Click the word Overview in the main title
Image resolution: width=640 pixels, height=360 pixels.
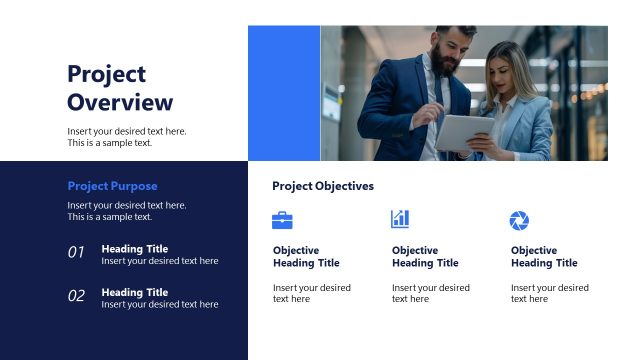pos(120,102)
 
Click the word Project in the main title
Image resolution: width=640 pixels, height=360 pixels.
pos(106,74)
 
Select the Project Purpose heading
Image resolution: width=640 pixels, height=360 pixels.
pos(112,186)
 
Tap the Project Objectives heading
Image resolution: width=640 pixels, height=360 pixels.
pos(323,186)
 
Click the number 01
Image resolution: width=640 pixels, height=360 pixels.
pos(76,253)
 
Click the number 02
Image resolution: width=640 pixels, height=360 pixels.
pos(76,296)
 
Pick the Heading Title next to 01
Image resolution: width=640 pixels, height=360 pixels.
pos(135,249)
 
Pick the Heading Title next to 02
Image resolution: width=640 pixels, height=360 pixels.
pos(135,292)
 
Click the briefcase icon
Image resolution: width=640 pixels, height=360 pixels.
pos(282,220)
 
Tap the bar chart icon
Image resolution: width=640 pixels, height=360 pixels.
pos(400,219)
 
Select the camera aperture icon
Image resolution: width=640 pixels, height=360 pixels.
pos(519,220)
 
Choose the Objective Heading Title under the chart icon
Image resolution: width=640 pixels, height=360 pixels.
pos(425,257)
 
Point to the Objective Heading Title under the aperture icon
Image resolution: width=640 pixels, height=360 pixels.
pos(544,257)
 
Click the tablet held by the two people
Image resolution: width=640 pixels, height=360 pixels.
pos(465,130)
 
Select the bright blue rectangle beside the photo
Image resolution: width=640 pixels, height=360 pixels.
pos(284,93)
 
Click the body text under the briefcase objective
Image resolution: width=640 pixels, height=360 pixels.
pos(312,293)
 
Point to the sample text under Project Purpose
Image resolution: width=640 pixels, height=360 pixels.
pos(126,211)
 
